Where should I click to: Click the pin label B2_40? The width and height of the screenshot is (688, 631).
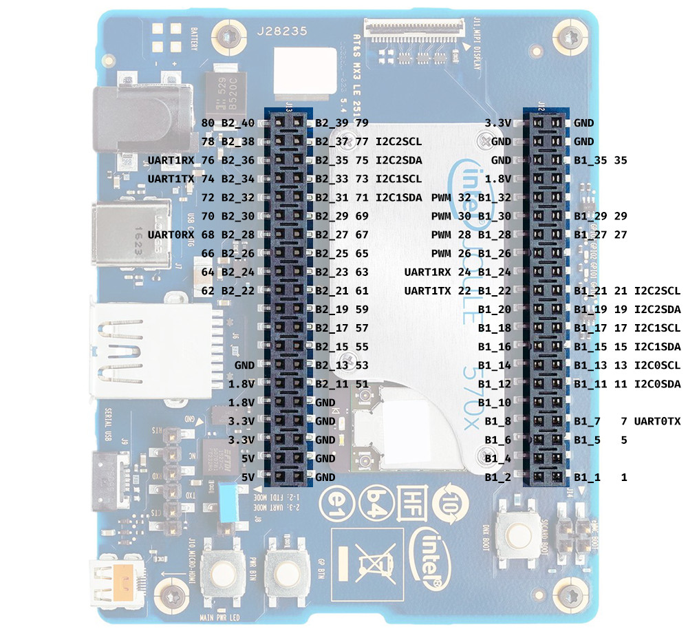coord(238,123)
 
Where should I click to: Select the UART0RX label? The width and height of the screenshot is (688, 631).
coord(172,235)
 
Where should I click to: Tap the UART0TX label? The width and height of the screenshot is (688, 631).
coord(657,420)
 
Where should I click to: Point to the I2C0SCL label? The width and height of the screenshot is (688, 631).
coord(657,365)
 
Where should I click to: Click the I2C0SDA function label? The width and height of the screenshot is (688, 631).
coord(657,383)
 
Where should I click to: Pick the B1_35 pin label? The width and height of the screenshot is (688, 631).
coord(590,160)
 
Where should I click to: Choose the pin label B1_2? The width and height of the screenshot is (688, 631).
coord(497,476)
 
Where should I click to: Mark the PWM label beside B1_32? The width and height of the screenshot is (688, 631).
coord(441,197)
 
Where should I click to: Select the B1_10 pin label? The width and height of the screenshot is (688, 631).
coord(497,402)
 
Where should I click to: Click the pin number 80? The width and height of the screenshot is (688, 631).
coord(208,123)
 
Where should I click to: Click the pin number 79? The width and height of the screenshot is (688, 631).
coord(362,123)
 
